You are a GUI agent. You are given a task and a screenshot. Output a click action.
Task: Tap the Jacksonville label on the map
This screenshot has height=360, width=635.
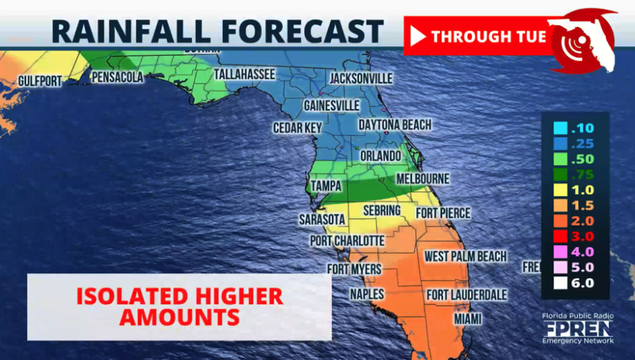[x=361, y=78]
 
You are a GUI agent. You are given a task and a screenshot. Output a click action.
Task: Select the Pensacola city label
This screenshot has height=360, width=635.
[x=116, y=77]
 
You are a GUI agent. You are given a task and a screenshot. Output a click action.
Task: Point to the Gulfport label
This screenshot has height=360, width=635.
[x=40, y=81]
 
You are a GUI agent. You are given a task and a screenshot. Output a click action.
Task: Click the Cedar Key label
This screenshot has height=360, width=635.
[x=297, y=128]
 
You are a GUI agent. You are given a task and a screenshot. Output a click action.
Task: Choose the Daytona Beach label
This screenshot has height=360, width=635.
[x=395, y=125]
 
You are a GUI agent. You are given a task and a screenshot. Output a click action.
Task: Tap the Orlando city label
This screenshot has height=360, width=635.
[x=380, y=156]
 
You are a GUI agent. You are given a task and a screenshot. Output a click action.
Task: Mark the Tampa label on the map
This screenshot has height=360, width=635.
[x=325, y=186]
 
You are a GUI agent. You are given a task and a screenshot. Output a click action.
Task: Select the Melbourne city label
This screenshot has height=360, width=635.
[x=423, y=178]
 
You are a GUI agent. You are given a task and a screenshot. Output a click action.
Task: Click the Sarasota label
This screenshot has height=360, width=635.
[x=321, y=219]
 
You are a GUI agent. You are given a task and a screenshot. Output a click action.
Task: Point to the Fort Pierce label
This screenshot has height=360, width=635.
[x=442, y=213]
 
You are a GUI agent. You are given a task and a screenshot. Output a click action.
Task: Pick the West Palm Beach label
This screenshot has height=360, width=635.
[x=465, y=256]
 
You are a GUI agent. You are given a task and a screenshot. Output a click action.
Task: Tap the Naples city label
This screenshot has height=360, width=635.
[x=367, y=294]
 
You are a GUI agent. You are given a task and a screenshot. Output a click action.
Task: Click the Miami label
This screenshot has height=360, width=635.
[x=468, y=318]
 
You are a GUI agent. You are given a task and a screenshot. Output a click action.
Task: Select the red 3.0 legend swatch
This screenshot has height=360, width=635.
[x=559, y=236]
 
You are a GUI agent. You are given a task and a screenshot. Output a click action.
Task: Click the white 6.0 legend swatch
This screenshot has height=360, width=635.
[x=559, y=282]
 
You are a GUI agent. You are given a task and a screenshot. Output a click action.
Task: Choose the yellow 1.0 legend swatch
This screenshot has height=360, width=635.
[x=559, y=190]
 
